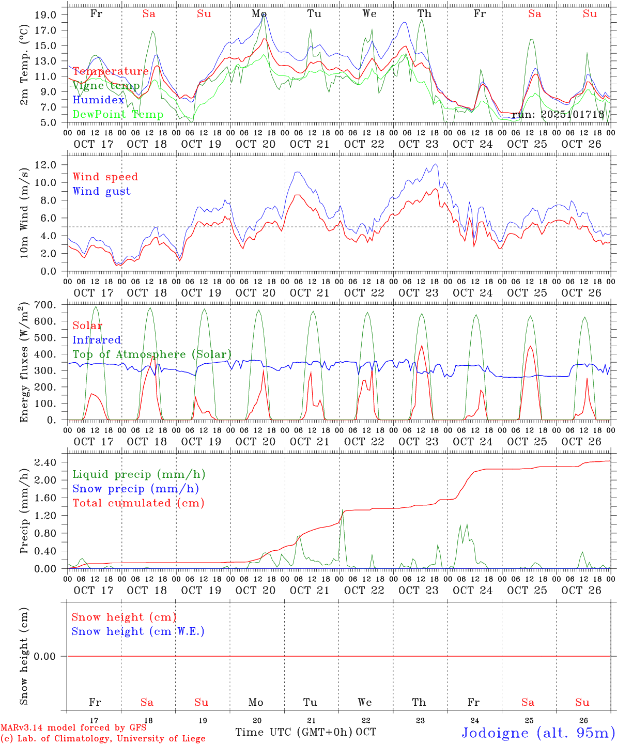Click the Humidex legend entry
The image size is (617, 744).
[98, 100]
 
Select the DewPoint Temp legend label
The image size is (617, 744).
[118, 115]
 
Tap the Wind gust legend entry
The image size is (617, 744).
[101, 191]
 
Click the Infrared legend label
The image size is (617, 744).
[97, 340]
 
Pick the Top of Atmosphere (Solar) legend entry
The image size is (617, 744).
[152, 354]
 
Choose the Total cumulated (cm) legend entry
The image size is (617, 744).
[138, 503]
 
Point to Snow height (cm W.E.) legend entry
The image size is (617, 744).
[138, 631]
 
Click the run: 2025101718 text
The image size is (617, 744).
[558, 115]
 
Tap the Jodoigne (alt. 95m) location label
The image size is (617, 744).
[538, 733]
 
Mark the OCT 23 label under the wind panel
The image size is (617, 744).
[419, 293]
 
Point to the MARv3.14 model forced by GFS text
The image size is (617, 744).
[73, 727]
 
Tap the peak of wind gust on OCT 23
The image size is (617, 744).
[436, 164]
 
